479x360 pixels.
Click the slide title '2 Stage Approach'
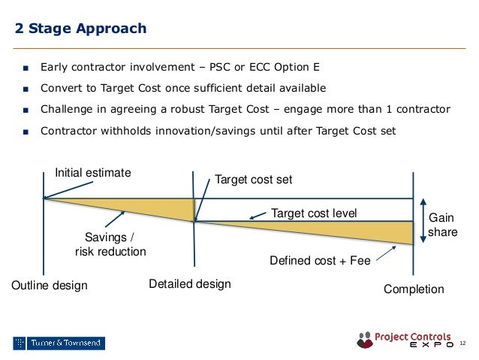(x=81, y=29)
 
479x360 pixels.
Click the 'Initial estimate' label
(x=93, y=173)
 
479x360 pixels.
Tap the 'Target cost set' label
(x=254, y=180)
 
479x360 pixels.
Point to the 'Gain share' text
(x=442, y=225)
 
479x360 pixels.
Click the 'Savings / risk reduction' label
(x=110, y=245)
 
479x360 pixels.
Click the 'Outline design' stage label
(x=50, y=286)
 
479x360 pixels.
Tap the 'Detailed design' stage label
(x=190, y=284)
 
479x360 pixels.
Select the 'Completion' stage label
(x=414, y=289)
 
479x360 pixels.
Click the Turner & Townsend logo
(x=59, y=343)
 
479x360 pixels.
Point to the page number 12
(x=462, y=343)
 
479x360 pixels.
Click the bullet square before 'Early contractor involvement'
(x=26, y=66)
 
